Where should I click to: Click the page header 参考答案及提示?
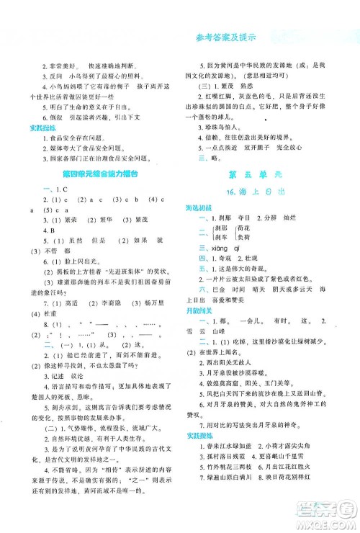pos(225,37)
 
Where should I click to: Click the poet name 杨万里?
pos(132,323)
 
